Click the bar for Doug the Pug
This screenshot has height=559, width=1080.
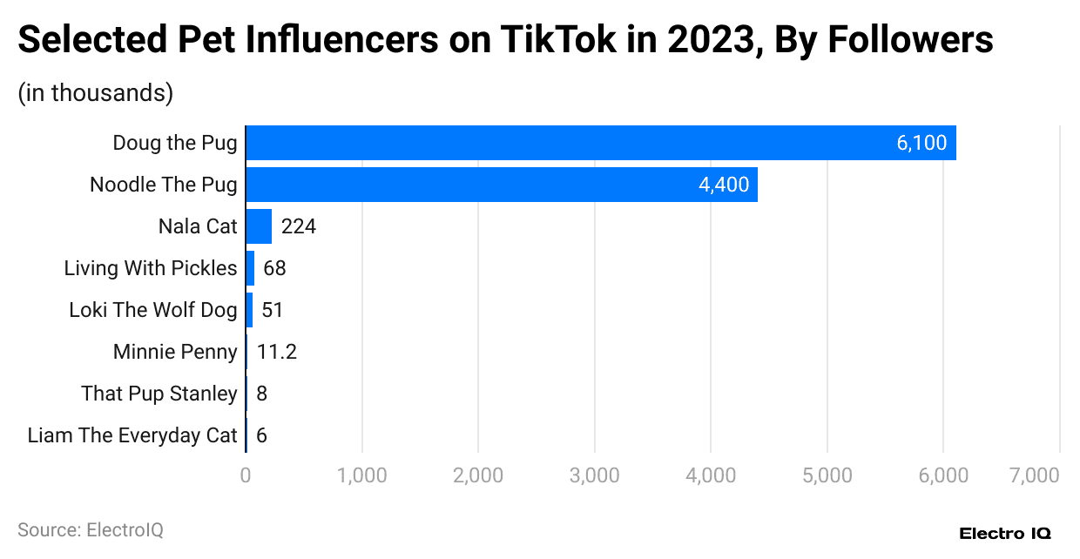[601, 143]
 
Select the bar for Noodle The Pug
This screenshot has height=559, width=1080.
[502, 185]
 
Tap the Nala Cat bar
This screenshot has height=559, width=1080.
[259, 226]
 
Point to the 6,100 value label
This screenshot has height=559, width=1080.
[921, 143]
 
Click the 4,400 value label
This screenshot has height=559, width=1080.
[723, 185]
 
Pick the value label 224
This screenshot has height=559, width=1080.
[298, 226]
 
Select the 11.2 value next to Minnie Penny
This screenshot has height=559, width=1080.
[278, 352]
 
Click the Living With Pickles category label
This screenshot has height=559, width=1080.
[150, 268]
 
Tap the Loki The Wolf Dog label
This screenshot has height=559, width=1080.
[152, 310]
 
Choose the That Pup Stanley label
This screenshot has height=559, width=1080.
[159, 394]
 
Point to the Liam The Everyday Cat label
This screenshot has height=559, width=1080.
[132, 435]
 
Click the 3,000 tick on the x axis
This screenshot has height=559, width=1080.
[594, 475]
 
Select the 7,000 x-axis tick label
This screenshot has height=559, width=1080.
[1036, 475]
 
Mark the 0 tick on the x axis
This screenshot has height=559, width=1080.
[246, 475]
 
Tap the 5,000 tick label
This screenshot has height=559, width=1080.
[827, 475]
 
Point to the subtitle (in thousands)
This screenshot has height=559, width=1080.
[95, 92]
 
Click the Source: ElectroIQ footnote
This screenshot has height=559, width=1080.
[90, 529]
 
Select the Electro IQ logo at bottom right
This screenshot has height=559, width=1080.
[1004, 532]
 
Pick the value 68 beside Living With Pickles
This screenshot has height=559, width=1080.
[274, 268]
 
